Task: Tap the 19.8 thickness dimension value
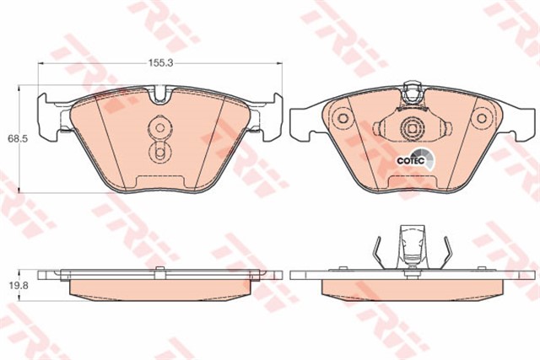[x=14, y=286]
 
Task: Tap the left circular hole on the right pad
[x=343, y=120]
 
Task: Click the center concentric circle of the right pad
[x=413, y=129]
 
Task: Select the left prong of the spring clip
[x=377, y=250]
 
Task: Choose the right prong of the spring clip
[x=448, y=250]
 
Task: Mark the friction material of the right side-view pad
[x=413, y=289]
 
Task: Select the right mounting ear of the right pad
[x=522, y=122]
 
